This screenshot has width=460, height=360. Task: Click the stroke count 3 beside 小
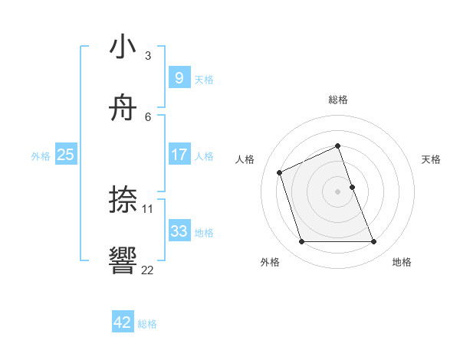tap(148, 56)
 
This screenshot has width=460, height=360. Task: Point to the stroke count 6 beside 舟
tap(148, 116)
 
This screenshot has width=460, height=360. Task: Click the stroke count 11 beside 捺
tap(148, 208)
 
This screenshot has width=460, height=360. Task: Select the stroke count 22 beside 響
tap(148, 269)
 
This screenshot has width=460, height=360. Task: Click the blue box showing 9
tap(179, 78)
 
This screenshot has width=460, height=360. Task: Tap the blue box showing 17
tap(179, 155)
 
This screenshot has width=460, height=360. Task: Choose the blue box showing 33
tap(179, 231)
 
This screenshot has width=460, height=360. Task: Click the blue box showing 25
tap(65, 155)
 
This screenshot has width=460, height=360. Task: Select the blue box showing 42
tap(123, 322)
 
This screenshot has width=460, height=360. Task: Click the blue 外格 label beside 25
tap(41, 155)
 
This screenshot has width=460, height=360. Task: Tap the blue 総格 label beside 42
tap(147, 324)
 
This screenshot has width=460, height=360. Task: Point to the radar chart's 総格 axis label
tap(337, 100)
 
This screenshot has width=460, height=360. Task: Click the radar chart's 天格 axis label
tap(431, 159)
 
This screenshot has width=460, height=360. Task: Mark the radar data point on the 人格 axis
tap(280, 172)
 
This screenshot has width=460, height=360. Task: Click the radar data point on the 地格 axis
tap(373, 242)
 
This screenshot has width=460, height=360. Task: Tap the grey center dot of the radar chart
tap(337, 191)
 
